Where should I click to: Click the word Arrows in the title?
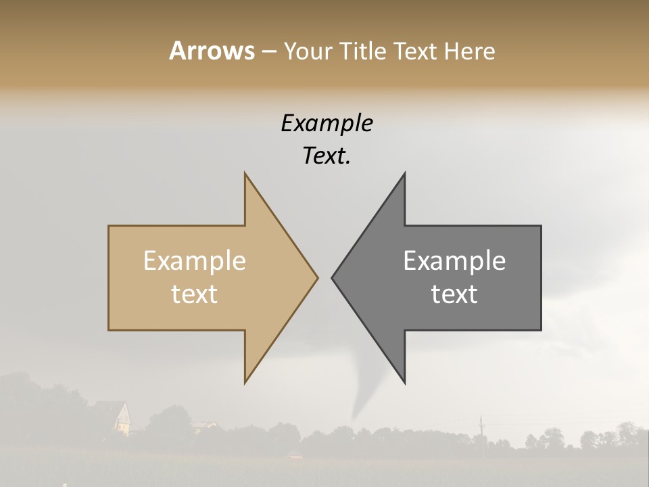tap(212, 51)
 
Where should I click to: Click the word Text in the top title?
tap(416, 51)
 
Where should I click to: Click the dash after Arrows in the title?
tap(268, 51)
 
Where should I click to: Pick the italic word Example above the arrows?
tap(327, 123)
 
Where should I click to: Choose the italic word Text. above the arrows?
tap(327, 156)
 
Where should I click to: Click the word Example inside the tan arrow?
tap(195, 261)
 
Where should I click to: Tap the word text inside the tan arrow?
tap(195, 294)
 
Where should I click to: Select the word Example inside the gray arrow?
tap(454, 261)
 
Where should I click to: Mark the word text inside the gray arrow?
tap(454, 294)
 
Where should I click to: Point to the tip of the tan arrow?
tap(317, 277)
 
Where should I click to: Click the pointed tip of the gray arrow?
tap(333, 277)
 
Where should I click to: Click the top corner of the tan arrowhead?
tap(245, 174)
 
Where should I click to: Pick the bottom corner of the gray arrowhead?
tap(404, 382)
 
